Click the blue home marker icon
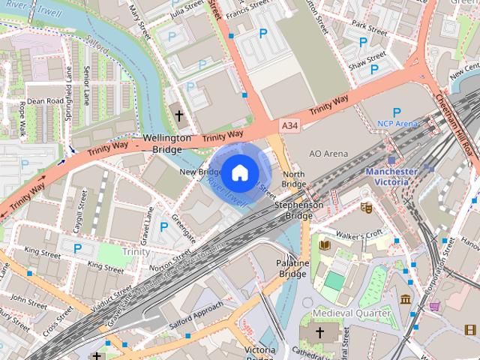pyautogui.click(x=238, y=173)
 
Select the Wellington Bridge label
pyautogui.click(x=167, y=145)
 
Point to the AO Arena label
pyautogui.click(x=328, y=153)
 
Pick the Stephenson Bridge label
pyautogui.click(x=298, y=209)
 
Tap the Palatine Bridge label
pyautogui.click(x=293, y=269)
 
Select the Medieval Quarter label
pyautogui.click(x=352, y=312)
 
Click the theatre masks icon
pyautogui.click(x=366, y=207)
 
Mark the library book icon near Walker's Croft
pyautogui.click(x=325, y=244)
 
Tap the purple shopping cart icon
pyautogui.click(x=435, y=306)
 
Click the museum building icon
pyautogui.click(x=405, y=300)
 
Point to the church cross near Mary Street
pyautogui.click(x=178, y=115)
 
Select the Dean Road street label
pyautogui.click(x=45, y=100)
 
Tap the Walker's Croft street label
pyautogui.click(x=360, y=235)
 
